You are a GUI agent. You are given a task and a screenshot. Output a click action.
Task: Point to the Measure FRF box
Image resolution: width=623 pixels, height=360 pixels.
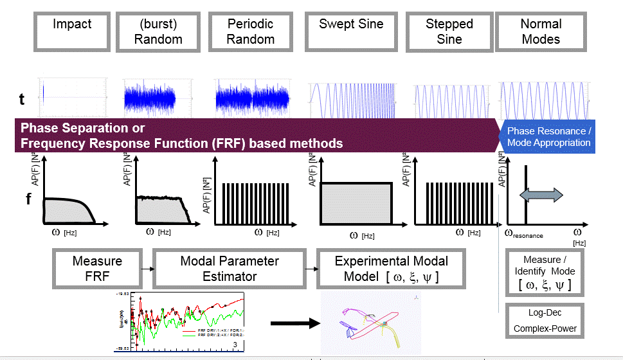97,269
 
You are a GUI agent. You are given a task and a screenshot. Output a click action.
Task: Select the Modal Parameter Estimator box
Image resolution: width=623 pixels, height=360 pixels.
230,269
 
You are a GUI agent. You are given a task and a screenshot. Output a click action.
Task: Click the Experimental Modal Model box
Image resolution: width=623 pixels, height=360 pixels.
392,269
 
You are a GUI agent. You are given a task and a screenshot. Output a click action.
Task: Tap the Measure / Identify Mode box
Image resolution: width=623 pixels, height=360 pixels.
545,272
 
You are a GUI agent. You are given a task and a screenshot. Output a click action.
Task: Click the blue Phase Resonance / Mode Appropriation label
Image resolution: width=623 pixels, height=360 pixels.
548,136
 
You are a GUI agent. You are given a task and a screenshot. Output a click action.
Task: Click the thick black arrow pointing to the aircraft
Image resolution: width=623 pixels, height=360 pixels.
294,323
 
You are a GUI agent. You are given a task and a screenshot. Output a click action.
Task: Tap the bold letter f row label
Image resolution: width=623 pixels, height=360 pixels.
28,199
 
